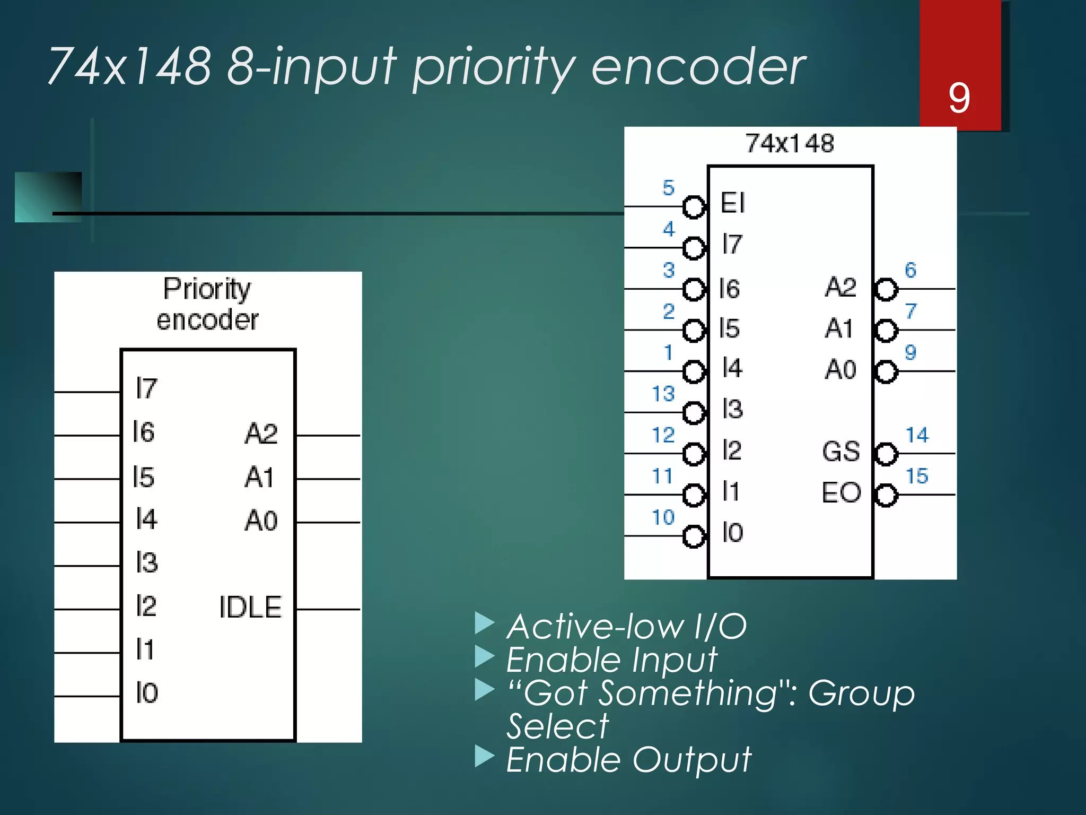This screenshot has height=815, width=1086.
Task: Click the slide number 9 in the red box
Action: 959,98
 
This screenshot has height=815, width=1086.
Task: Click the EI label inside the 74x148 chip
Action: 733,203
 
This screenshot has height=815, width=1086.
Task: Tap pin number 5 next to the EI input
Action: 668,187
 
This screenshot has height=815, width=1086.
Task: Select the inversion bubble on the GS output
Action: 886,454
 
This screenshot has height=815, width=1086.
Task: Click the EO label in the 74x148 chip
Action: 841,492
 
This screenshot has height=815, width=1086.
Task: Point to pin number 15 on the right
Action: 917,476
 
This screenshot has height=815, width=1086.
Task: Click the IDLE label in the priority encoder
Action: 250,608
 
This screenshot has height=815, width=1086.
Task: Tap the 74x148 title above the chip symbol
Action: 790,143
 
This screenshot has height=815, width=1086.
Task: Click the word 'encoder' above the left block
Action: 207,320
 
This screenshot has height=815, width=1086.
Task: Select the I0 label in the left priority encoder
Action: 146,693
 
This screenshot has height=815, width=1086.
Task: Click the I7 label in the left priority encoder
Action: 146,388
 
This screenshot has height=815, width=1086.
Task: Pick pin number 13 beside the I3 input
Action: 663,394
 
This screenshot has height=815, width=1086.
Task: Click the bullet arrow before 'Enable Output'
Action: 484,757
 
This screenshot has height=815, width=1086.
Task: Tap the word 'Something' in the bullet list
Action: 688,693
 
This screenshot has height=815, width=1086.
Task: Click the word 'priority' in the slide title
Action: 493,67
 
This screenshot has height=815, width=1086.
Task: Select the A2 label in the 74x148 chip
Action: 840,287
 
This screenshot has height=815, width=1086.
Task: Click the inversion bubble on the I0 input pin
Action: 694,536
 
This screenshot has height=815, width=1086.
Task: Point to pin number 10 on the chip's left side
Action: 663,517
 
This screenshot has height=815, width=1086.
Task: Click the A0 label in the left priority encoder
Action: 261,521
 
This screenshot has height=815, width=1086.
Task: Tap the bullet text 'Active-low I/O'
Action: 626,627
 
